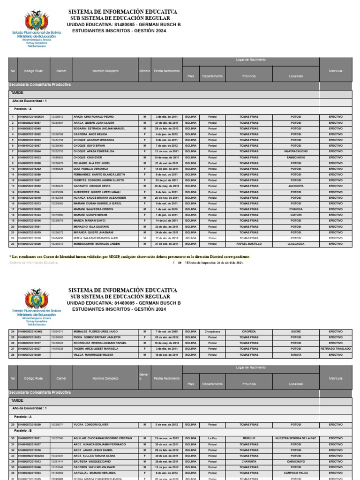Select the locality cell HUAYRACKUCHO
click(296, 151)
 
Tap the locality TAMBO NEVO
click(296, 157)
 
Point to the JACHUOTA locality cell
click(296, 186)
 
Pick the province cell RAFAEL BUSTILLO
click(249, 244)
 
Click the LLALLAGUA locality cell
click(296, 244)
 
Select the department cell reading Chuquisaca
click(212, 331)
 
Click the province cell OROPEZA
click(249, 331)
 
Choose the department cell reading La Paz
click(212, 438)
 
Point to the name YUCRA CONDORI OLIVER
click(91, 425)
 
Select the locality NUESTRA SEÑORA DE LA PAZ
click(296, 438)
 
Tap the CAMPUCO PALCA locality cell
click(296, 473)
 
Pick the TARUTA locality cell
click(296, 355)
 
